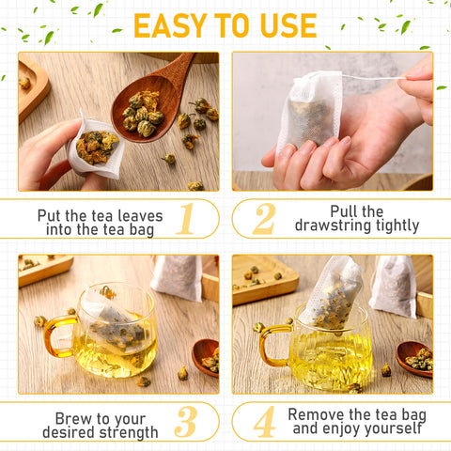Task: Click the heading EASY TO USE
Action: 225,25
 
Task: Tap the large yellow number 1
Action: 185,218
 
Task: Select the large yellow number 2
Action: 264,218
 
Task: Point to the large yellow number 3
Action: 185,422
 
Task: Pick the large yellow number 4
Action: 264,422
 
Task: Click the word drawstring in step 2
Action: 340,226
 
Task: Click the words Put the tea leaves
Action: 100,215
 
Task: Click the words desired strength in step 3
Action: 100,432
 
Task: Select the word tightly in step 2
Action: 398,226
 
